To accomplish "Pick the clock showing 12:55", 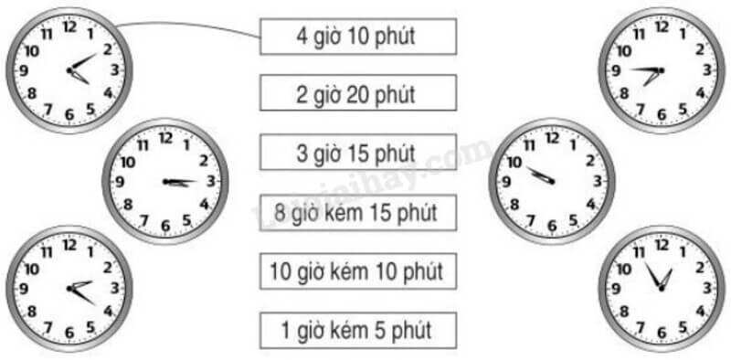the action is pos(661,288).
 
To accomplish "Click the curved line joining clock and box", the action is pos(192,27).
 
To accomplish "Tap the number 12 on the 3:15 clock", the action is pos(165,139).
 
